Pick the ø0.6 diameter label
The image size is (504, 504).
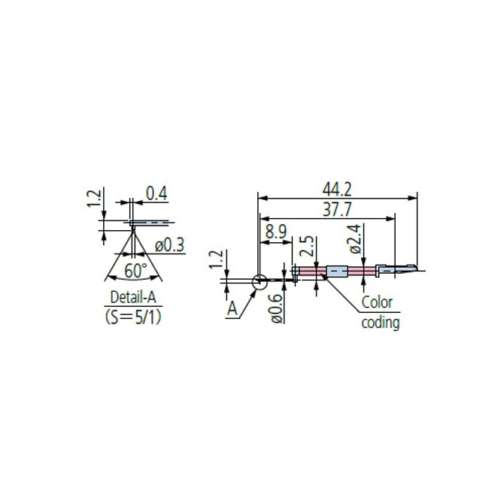click(x=276, y=308)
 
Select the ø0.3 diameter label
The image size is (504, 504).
click(x=171, y=244)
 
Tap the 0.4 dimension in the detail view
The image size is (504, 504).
click(x=155, y=194)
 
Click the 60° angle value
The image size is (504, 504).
click(x=135, y=270)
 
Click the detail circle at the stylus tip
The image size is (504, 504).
click(x=258, y=283)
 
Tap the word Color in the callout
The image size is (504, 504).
click(x=378, y=302)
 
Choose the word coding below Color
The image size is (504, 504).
click(x=381, y=323)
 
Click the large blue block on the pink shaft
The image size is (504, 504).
click(x=336, y=271)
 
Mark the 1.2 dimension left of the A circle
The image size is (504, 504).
click(x=215, y=261)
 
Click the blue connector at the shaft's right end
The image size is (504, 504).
click(x=381, y=268)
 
